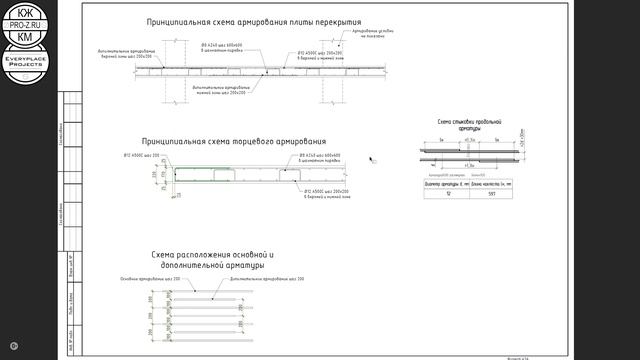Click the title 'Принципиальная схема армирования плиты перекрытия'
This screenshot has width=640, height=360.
[x=254, y=21]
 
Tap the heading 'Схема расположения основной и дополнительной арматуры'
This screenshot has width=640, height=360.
[x=208, y=260]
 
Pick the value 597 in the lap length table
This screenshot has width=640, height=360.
[x=492, y=194]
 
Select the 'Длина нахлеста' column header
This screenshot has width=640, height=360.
[x=492, y=185]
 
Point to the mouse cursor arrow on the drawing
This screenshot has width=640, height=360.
[x=372, y=158]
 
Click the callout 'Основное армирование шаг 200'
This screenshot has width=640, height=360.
[x=150, y=278]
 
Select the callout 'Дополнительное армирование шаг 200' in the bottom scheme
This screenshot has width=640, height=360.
[x=266, y=278]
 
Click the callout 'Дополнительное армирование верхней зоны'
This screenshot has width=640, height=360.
[x=126, y=53]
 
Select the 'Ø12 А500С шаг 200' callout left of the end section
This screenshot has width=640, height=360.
[x=142, y=156]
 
